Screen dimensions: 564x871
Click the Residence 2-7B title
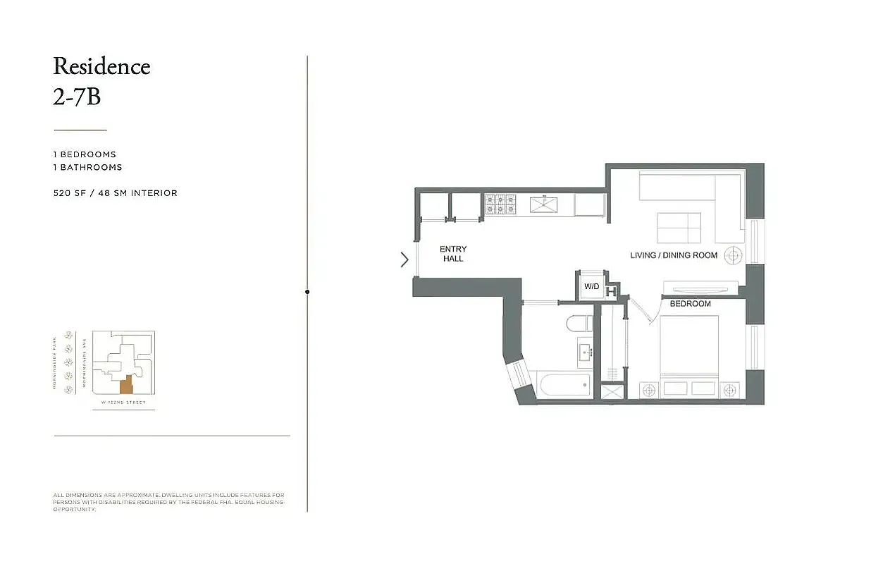click(101, 80)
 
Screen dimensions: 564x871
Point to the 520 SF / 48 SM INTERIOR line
click(116, 193)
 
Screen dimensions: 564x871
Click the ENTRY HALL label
click(453, 254)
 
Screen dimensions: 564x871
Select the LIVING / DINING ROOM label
click(674, 255)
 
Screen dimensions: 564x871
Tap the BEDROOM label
click(690, 304)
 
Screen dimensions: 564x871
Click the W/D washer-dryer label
click(591, 287)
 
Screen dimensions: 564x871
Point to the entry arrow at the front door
click(404, 259)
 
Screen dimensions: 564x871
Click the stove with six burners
click(499, 204)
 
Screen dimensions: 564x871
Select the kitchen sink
click(543, 204)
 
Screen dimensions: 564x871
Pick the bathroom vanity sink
click(586, 352)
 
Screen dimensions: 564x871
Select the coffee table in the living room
click(679, 228)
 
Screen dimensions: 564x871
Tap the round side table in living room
click(734, 255)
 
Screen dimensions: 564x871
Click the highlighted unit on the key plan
click(126, 384)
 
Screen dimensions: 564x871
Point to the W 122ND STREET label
click(123, 403)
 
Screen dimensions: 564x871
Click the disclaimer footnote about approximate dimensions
click(169, 501)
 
